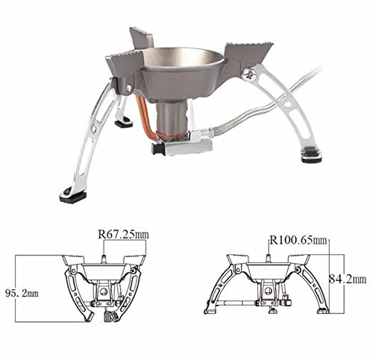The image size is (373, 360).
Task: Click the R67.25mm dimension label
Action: [x=123, y=234]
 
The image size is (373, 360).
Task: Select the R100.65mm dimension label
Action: [x=298, y=240]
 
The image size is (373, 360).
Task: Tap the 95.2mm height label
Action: [x=22, y=294]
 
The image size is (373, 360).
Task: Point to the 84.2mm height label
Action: [x=348, y=279]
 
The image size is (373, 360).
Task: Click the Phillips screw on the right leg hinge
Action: [x=249, y=74]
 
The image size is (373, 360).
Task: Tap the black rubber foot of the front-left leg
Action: [x=73, y=197]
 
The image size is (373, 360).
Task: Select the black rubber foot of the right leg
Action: [x=311, y=156]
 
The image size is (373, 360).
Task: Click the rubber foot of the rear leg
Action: [x=124, y=122]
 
